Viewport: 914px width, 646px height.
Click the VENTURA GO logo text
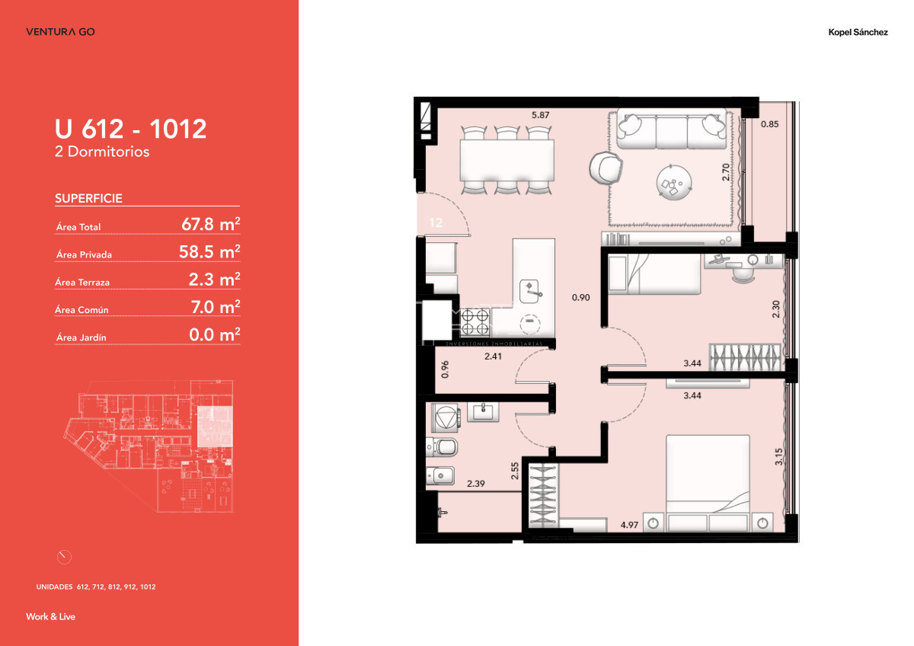point(60,32)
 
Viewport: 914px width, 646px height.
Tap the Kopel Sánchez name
point(858,33)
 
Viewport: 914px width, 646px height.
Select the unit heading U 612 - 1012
point(130,129)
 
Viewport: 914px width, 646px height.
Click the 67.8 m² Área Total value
point(211,224)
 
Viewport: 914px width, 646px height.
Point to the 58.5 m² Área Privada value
point(211,252)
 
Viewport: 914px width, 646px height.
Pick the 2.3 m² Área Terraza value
point(214,280)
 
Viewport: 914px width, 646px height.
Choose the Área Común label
point(81,310)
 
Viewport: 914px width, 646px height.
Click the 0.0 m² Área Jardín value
point(214,334)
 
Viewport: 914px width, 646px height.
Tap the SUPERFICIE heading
point(88,199)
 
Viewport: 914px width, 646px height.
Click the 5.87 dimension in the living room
point(541,116)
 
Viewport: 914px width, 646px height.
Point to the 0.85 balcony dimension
point(771,124)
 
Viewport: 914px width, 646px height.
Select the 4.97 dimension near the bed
point(629,524)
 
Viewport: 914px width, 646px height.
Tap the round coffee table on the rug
point(674,182)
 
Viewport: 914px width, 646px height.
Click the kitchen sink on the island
point(532,289)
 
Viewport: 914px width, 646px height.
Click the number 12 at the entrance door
point(436,223)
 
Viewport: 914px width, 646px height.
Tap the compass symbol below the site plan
point(64,557)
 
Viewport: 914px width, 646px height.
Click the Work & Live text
point(50,616)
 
